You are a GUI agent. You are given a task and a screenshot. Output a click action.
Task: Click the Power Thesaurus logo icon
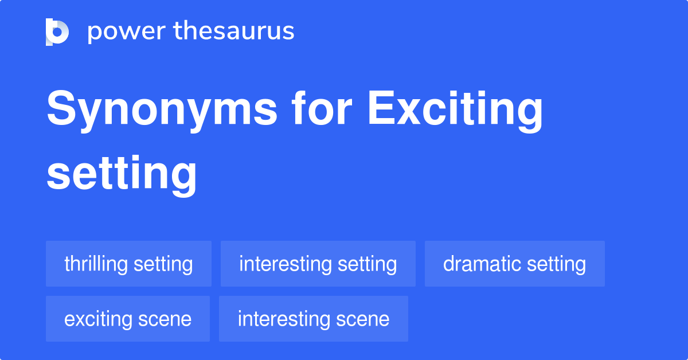tap(57, 32)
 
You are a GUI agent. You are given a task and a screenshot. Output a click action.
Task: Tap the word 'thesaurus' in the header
tap(234, 32)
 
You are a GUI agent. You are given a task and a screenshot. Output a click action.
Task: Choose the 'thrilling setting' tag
tap(128, 264)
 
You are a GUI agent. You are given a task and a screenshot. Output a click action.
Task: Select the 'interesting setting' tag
tap(318, 264)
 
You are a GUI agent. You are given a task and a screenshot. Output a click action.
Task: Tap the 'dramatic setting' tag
tap(514, 264)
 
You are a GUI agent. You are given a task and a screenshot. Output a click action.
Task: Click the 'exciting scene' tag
tap(128, 319)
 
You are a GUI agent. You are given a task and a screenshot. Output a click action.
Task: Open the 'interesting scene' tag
tap(313, 319)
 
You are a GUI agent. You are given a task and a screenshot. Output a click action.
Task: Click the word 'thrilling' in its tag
tap(96, 264)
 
